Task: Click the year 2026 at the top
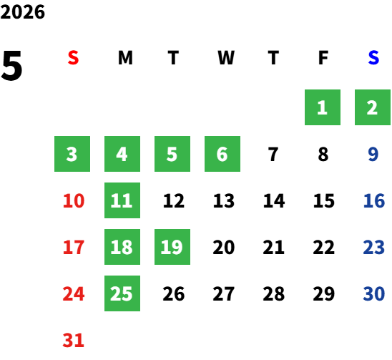(22, 12)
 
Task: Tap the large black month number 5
(11, 66)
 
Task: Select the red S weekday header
(73, 58)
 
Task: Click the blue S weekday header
(373, 58)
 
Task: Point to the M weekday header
(125, 58)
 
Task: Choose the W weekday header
(226, 58)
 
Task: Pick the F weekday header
(323, 58)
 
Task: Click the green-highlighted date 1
(323, 107)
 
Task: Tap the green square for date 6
(222, 154)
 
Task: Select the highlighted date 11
(122, 200)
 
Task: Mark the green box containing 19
(172, 247)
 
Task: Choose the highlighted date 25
(122, 293)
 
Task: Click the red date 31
(73, 340)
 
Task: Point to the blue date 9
(373, 154)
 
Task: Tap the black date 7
(273, 154)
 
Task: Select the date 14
(274, 200)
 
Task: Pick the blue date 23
(373, 247)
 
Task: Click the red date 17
(73, 247)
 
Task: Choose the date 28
(274, 293)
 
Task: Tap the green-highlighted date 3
(72, 154)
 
